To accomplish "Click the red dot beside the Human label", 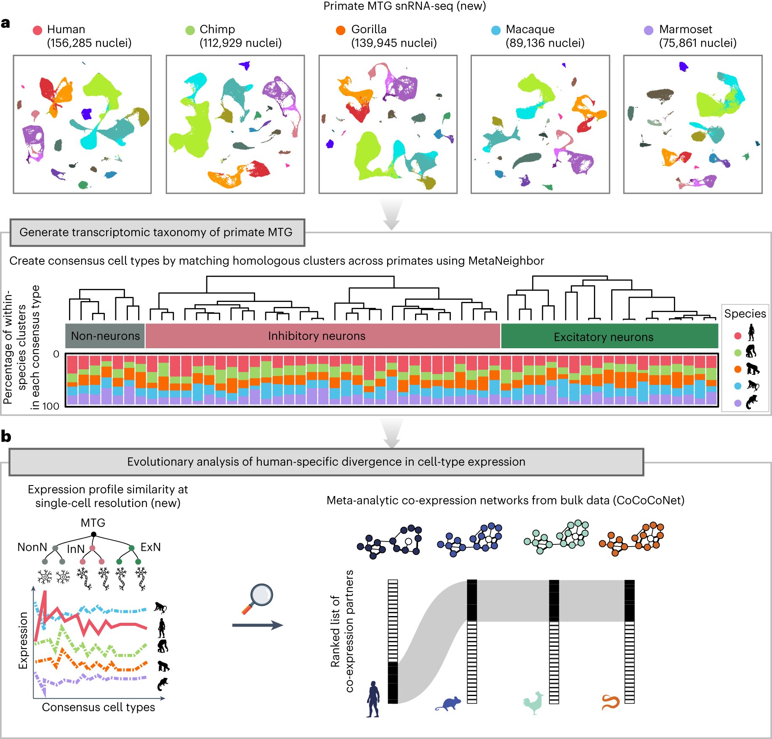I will (x=37, y=30).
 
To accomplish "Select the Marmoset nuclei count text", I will (x=697, y=43).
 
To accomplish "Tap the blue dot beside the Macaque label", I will (x=496, y=30).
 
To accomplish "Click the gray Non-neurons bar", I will (x=105, y=336).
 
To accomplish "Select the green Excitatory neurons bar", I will (x=609, y=336).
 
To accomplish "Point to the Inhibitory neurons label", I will (x=317, y=336).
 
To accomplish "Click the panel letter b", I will (x=6, y=436).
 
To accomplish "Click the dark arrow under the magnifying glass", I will (x=258, y=625).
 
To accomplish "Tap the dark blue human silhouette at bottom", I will (x=373, y=699).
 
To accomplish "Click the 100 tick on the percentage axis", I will (x=51, y=406).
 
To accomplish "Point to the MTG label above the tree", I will (x=93, y=523).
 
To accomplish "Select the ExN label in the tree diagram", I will (x=150, y=547).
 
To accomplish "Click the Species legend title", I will (x=745, y=314).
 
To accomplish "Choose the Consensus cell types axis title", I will (x=98, y=707).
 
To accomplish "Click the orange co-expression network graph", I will (x=631, y=539).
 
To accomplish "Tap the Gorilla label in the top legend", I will (x=369, y=29).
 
